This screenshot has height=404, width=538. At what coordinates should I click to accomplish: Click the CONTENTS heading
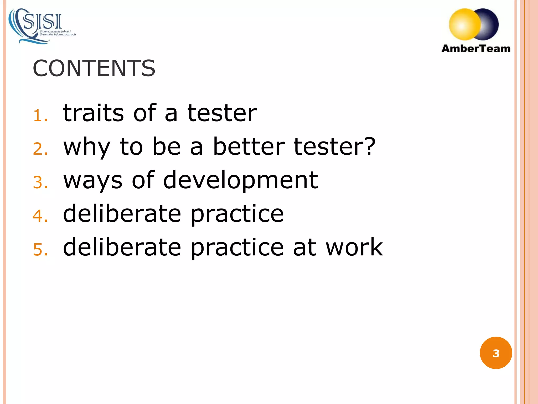(x=94, y=68)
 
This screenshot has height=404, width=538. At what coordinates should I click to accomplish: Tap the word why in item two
(x=87, y=147)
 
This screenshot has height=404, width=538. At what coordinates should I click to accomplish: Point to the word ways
(x=93, y=181)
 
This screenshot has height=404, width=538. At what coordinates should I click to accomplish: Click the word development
(x=240, y=181)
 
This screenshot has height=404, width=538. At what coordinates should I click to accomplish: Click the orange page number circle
(x=496, y=353)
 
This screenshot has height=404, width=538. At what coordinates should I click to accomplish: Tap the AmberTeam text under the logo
(x=476, y=49)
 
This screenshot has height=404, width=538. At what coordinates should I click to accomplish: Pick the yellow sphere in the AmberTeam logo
(x=464, y=24)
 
